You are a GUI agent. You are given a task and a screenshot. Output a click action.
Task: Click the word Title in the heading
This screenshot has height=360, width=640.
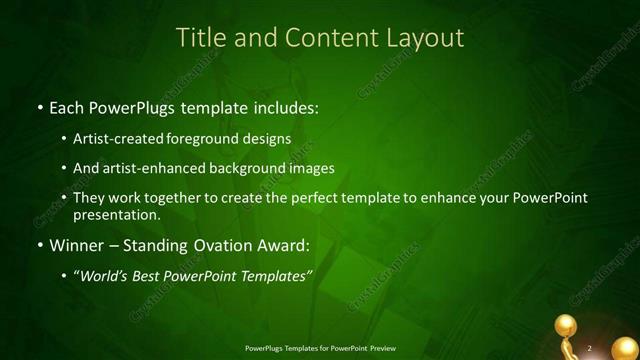click(201, 38)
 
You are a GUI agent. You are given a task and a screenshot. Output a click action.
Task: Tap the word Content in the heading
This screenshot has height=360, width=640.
click(323, 38)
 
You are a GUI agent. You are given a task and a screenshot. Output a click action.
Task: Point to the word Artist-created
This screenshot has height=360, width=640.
click(118, 139)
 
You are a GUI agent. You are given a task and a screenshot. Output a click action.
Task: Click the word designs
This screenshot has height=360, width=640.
click(268, 139)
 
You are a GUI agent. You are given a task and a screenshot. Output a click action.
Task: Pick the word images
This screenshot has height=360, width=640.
click(309, 168)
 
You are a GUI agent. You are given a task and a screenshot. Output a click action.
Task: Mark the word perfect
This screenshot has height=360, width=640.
click(318, 197)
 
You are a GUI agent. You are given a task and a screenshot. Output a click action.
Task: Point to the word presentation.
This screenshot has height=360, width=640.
click(116, 214)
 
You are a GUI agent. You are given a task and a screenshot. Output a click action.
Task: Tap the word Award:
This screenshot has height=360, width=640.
click(284, 245)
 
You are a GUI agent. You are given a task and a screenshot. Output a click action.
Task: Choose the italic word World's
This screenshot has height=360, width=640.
click(105, 276)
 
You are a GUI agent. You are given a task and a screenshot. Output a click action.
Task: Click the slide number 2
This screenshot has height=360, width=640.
click(590, 348)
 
